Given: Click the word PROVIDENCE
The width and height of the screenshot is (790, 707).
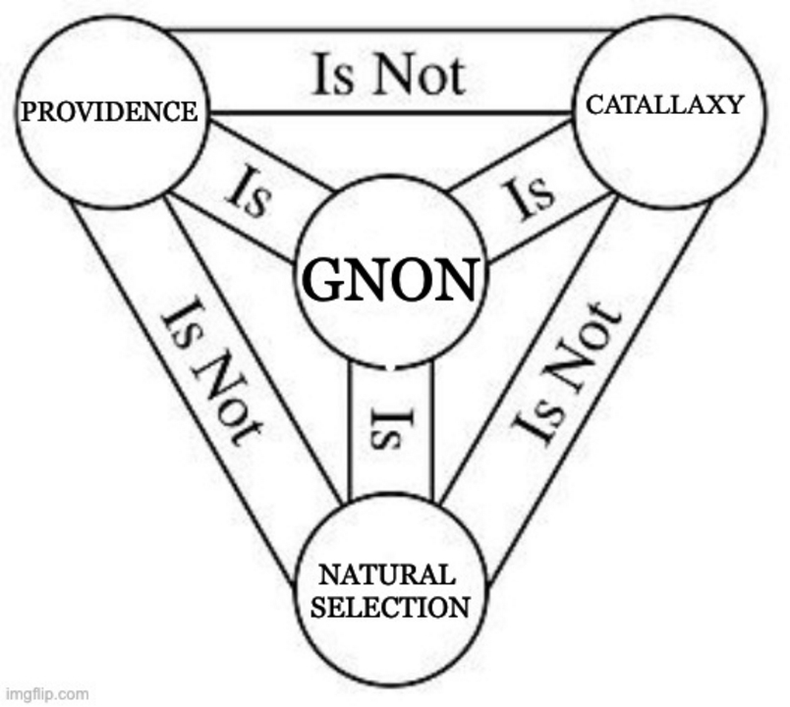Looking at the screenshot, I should pyautogui.click(x=108, y=111).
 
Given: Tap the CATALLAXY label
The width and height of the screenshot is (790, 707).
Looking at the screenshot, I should pyautogui.click(x=664, y=105).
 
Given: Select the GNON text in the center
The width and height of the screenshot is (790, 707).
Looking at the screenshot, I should pyautogui.click(x=393, y=279).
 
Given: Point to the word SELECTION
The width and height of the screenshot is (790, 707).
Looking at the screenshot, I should pyautogui.click(x=390, y=606).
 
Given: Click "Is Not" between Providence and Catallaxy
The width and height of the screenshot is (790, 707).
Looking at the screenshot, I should pyautogui.click(x=389, y=75).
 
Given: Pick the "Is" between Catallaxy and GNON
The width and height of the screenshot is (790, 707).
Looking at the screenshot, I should pyautogui.click(x=534, y=197).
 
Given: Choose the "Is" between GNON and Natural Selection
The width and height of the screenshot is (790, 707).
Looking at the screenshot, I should pyautogui.click(x=389, y=428).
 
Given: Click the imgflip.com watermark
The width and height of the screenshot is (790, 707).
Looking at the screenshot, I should pyautogui.click(x=44, y=693).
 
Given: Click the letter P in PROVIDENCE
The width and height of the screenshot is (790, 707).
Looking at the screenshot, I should pyautogui.click(x=28, y=112).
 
